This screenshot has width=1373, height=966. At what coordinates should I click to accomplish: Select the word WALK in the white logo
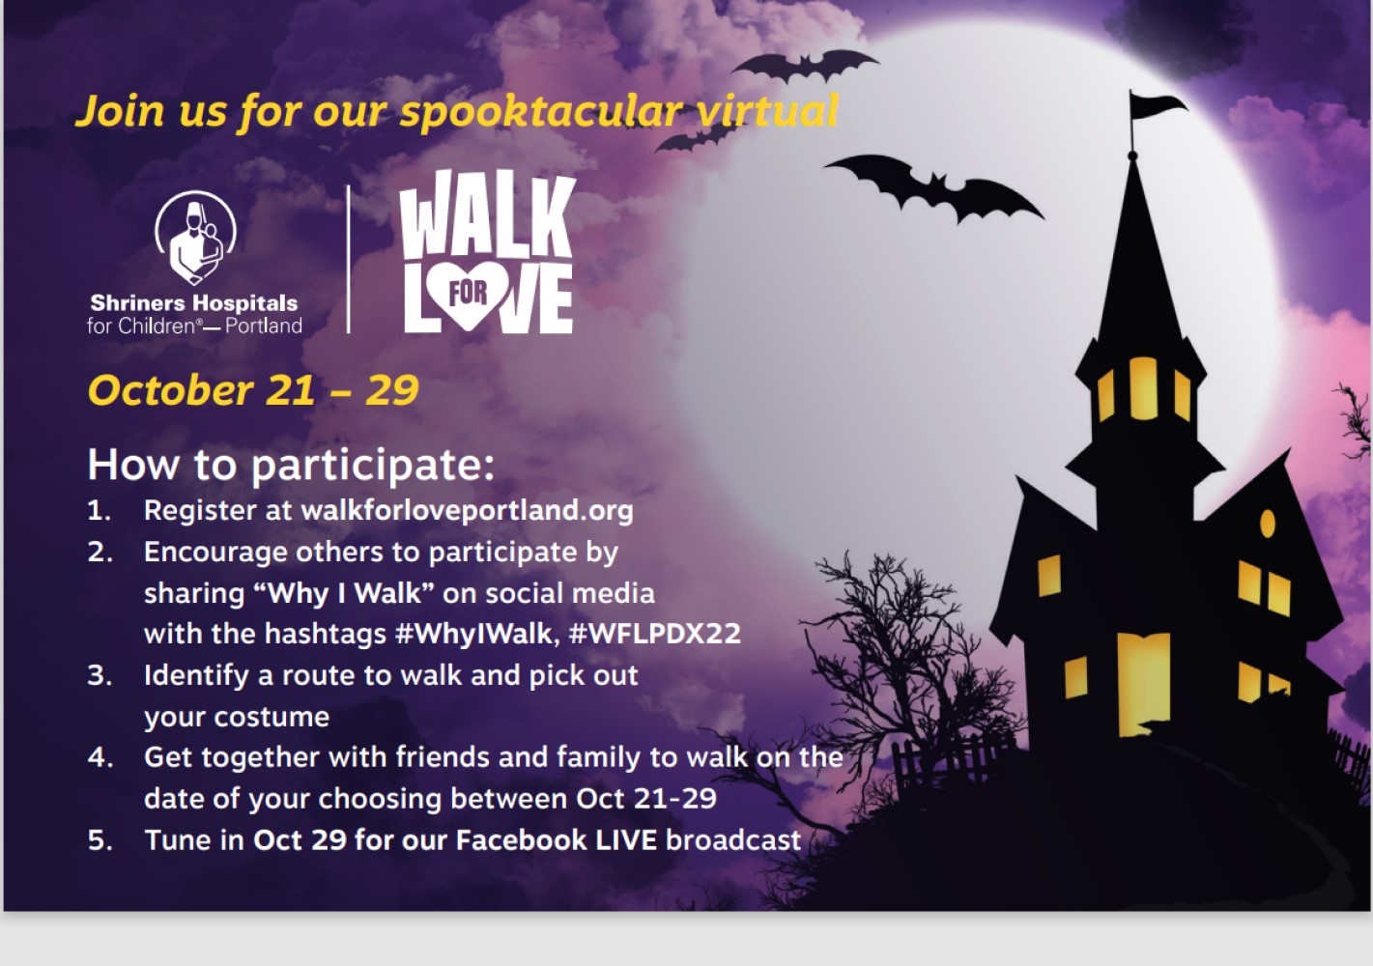487,214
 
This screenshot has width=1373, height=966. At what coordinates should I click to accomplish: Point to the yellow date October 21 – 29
253,390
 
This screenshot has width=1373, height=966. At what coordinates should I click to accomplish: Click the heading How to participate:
291,466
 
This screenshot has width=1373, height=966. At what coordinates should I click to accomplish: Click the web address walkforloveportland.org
467,510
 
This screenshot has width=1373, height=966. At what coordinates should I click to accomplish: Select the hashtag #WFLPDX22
655,633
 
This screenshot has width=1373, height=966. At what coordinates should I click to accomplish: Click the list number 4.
100,757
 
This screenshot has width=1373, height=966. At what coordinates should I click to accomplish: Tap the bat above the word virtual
806,66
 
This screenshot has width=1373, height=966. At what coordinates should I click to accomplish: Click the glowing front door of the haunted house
1144,684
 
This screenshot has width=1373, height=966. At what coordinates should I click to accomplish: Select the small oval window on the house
1268,524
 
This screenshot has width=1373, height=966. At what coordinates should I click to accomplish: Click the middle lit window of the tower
1143,388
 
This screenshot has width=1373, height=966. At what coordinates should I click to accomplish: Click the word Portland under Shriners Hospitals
264,326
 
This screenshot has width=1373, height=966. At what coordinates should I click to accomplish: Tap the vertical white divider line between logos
349,259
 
